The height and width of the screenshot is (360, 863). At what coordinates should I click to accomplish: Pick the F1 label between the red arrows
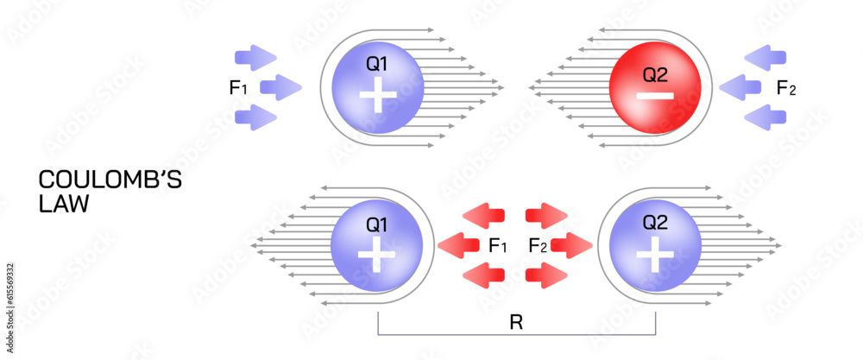[498, 246]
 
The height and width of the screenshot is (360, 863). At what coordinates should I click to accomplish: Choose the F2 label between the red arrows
[539, 246]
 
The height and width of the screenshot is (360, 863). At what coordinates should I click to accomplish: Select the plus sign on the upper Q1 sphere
[375, 95]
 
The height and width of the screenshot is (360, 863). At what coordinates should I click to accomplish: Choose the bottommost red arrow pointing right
[547, 275]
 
